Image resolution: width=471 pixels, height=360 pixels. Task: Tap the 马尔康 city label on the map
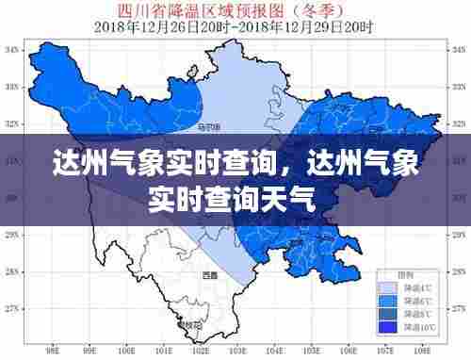tap(209, 127)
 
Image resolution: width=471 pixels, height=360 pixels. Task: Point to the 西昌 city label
tap(208, 275)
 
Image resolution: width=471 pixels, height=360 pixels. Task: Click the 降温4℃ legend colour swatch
tap(386, 286)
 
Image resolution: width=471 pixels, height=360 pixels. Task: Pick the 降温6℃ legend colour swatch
tap(386, 300)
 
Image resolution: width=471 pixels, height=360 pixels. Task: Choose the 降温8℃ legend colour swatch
tap(386, 313)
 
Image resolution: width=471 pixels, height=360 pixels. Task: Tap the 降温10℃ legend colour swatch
tap(386, 326)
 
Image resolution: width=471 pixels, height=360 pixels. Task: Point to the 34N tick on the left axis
tap(12, 49)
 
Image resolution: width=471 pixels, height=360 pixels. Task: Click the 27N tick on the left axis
tap(12, 308)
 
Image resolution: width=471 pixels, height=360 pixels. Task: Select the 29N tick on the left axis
tap(12, 235)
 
